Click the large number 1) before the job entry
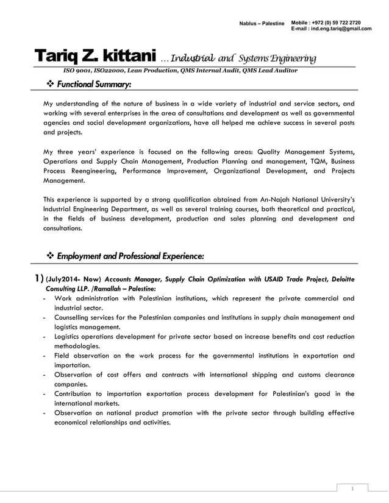point(37,279)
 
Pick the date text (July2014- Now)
point(69,280)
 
